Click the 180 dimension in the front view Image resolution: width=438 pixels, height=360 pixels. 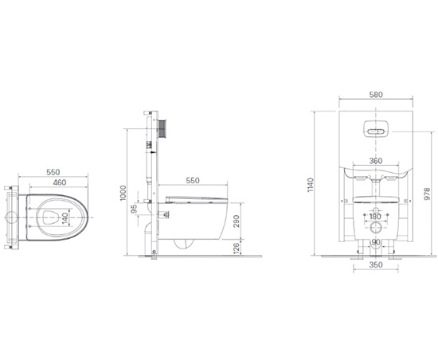[x=375, y=217]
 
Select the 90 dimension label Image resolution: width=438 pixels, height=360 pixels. [x=375, y=242]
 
